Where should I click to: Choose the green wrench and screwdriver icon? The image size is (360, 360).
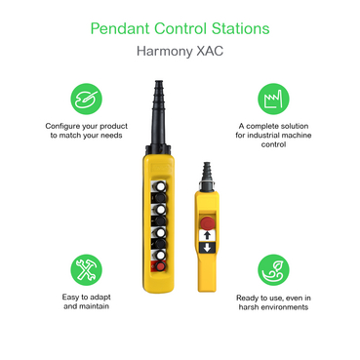[83, 269]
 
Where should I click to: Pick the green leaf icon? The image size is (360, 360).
[272, 269]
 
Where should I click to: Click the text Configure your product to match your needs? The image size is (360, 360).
[83, 131]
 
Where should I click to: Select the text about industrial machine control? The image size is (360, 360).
[272, 136]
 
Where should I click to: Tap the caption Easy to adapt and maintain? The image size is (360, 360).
[83, 301]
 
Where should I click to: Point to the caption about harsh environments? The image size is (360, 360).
[272, 301]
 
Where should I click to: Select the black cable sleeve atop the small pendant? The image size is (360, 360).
[206, 167]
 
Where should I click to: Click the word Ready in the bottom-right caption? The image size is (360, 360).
[247, 296]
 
